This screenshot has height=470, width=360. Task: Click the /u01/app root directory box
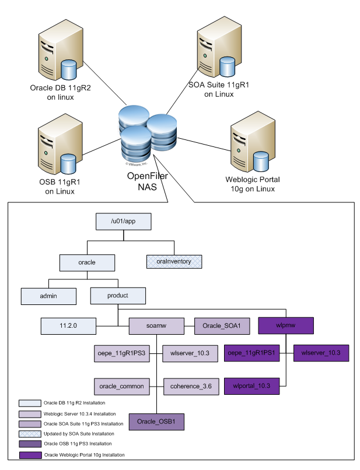tap(124, 222)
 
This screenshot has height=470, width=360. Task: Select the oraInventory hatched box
tap(173, 262)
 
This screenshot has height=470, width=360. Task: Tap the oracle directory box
tap(87, 262)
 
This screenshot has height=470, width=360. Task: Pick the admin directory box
tap(49, 296)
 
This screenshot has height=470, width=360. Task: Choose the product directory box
tap(118, 296)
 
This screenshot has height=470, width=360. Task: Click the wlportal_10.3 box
tap(252, 385)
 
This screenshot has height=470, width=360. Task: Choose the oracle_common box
tap(121, 385)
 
